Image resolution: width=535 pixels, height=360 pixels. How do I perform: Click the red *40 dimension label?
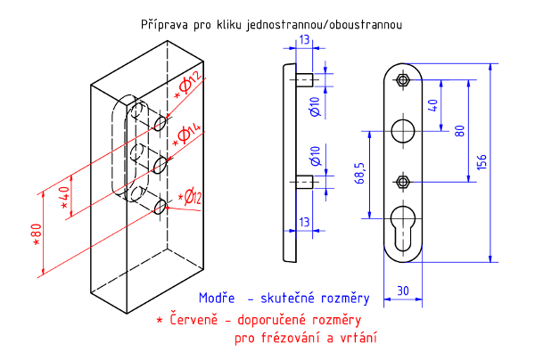(63, 195)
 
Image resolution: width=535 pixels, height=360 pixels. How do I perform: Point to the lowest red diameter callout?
(189, 198)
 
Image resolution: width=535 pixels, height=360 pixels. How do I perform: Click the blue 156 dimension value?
(482, 161)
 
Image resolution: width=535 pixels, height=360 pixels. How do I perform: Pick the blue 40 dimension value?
(433, 105)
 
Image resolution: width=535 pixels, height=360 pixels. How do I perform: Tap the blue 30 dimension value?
(402, 290)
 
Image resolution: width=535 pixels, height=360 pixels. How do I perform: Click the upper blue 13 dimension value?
(305, 40)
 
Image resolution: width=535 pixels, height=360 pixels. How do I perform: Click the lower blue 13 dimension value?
(305, 221)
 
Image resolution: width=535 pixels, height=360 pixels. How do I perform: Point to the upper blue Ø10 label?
(315, 106)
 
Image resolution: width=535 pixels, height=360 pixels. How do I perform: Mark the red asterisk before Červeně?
(159, 318)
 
